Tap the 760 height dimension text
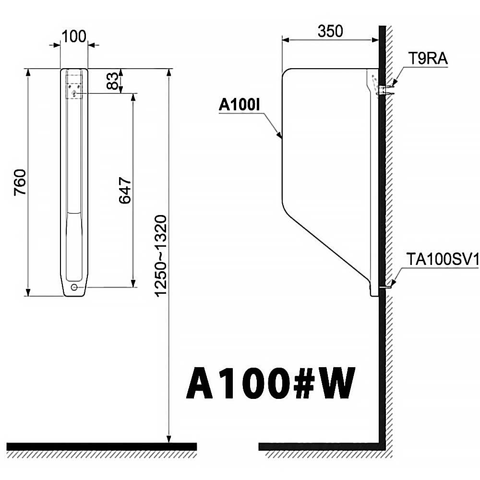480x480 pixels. (21, 182)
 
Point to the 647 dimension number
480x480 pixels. (125, 190)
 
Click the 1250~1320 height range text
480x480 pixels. (161, 256)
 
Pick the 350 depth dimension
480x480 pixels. (330, 31)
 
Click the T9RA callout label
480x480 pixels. (428, 58)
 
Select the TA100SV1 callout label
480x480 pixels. (443, 260)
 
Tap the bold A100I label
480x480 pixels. (240, 105)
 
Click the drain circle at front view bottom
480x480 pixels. (74, 287)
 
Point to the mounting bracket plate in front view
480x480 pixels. (74, 87)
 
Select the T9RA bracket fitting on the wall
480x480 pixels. (384, 90)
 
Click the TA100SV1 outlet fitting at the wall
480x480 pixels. (385, 287)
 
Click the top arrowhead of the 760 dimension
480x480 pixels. (28, 72)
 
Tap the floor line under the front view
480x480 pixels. (101, 446)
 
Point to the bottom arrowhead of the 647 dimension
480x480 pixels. (133, 284)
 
